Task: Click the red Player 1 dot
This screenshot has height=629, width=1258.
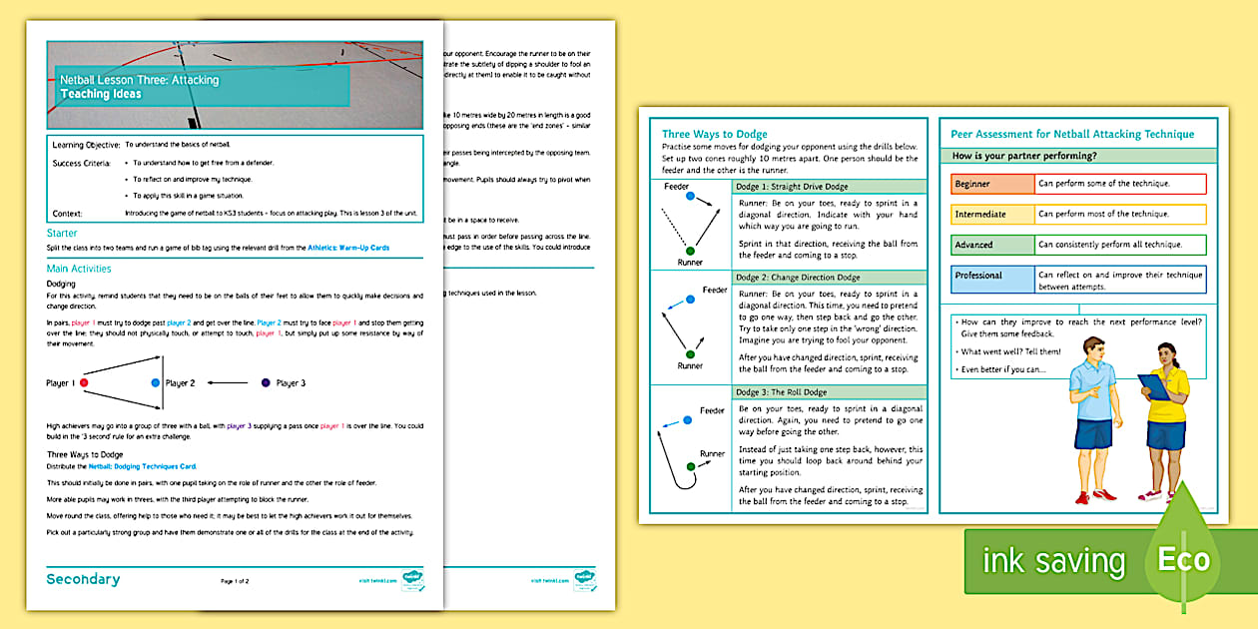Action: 84,382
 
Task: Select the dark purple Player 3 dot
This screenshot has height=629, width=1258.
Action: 265,382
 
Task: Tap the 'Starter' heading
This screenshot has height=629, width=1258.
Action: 63,234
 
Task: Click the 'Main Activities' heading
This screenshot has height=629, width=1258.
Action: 79,269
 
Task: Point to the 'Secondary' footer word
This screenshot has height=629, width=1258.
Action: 83,579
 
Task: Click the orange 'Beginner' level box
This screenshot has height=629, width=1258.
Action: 991,185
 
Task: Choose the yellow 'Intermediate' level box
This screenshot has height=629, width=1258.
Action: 991,215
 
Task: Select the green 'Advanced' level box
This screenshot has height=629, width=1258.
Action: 991,245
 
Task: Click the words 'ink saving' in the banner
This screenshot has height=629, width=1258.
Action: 1053,561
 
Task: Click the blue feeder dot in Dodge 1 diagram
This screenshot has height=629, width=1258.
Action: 690,197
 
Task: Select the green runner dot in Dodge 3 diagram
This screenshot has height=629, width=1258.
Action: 690,466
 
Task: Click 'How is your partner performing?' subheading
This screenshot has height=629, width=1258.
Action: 1024,157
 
